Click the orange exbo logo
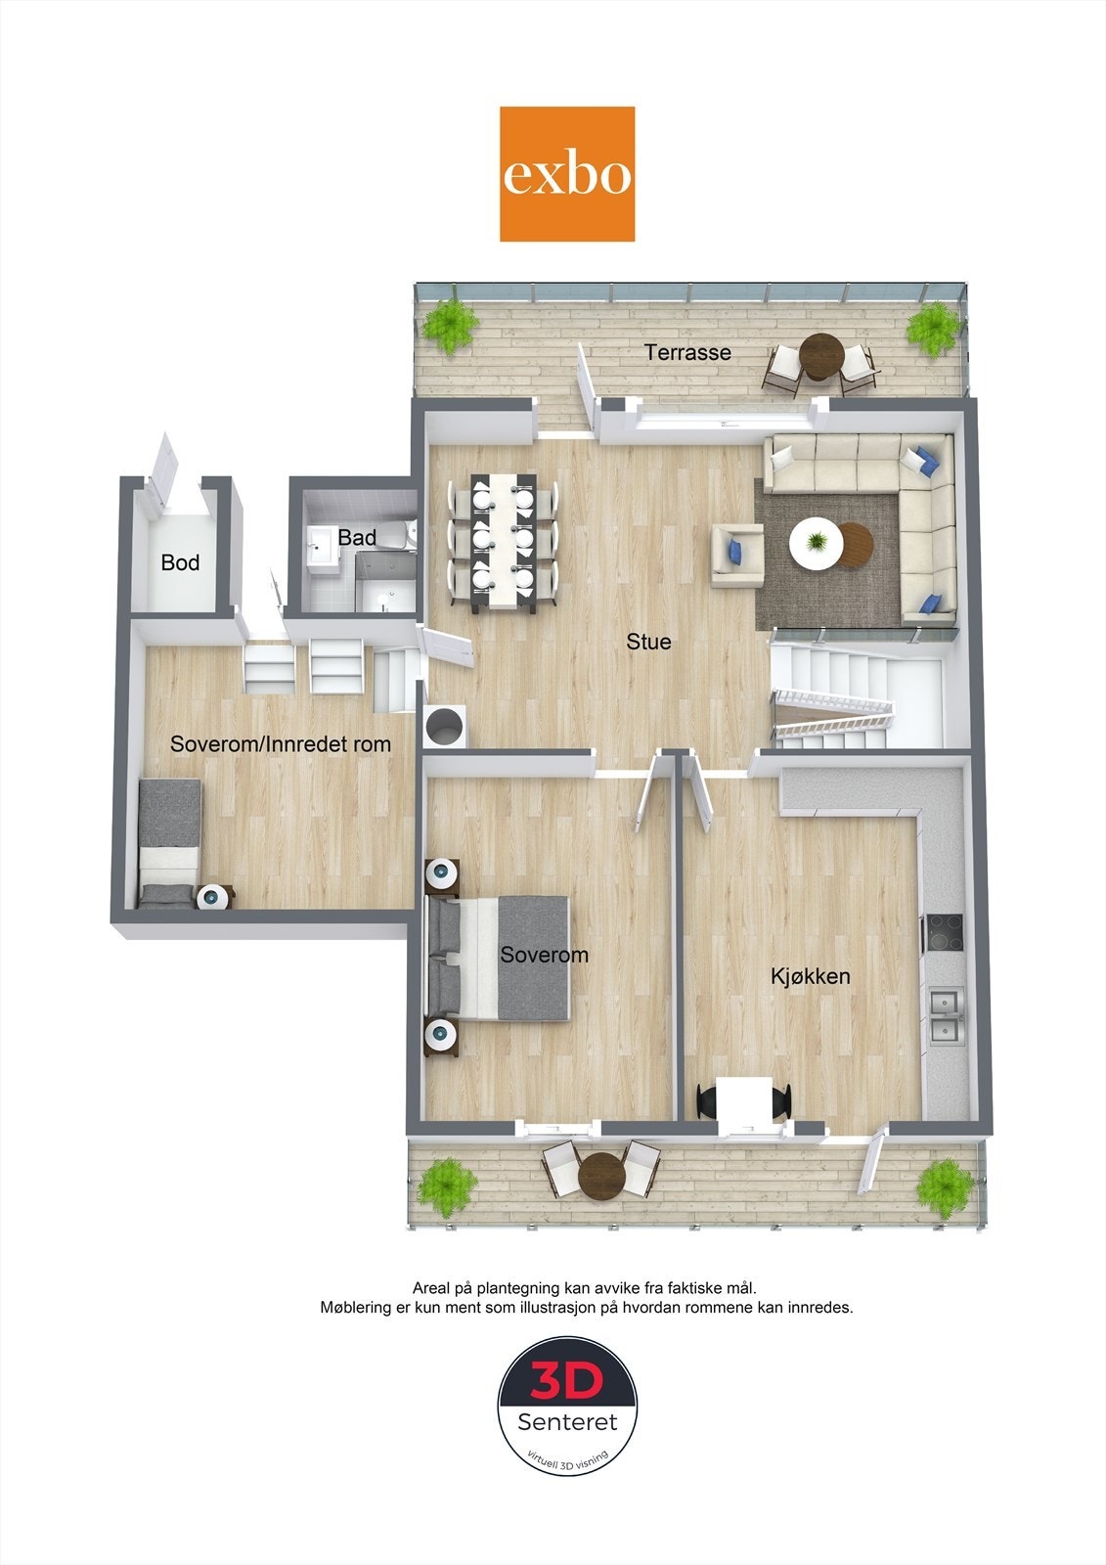point(567,174)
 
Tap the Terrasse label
point(687,352)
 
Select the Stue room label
point(648,642)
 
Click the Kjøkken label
point(810,976)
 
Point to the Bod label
point(180,562)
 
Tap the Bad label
point(357,537)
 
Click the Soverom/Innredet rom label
point(281,743)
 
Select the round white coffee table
point(815,540)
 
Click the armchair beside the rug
point(736,555)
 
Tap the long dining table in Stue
point(504,543)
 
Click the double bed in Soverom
point(500,958)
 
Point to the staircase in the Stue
point(851,694)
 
